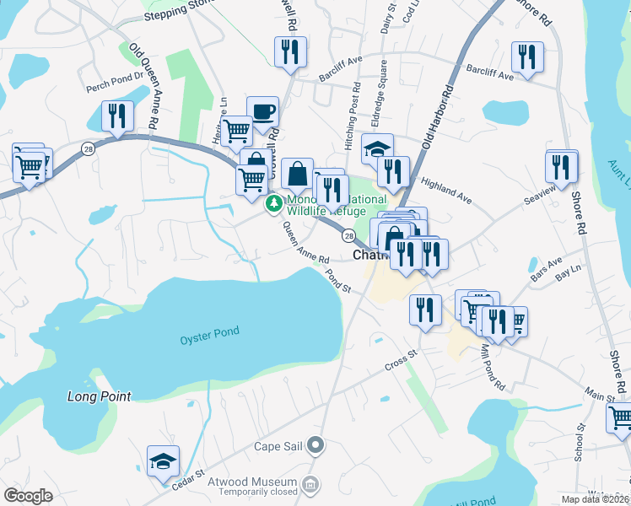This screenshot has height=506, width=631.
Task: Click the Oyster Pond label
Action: click(209, 331)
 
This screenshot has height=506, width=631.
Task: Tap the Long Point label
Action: click(100, 396)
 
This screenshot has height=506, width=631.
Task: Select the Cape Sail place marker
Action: click(316, 444)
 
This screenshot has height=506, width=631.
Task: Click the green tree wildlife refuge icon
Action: click(274, 203)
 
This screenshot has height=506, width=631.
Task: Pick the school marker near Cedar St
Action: click(163, 460)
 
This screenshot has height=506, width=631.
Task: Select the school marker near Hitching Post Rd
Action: click(376, 149)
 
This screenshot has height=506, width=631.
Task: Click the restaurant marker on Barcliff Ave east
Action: click(527, 57)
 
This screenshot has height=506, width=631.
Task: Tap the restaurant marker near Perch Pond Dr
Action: click(116, 116)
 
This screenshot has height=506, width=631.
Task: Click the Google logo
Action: click(29, 496)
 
